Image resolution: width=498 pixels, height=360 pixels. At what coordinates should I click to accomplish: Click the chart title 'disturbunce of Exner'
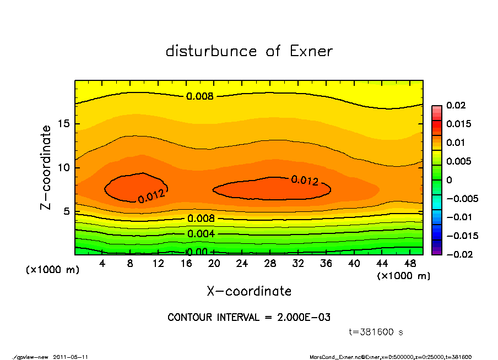coord(249,51)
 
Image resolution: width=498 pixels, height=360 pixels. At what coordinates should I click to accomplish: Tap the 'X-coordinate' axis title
coord(249,291)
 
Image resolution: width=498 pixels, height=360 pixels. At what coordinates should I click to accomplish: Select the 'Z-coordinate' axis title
coord(46,167)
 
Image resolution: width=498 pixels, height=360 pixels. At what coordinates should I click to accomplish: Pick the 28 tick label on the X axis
coord(270,264)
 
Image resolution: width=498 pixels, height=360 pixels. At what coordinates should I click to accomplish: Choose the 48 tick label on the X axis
coord(410,264)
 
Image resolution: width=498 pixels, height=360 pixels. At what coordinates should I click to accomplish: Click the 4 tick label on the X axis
coord(102,264)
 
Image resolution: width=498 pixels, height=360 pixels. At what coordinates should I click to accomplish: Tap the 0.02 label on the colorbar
coord(456,105)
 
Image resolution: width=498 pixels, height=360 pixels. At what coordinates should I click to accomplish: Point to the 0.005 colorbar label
coord(458,161)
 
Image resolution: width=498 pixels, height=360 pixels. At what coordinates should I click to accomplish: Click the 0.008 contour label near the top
coord(200,96)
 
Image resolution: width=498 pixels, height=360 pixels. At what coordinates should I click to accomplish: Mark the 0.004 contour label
coord(201,234)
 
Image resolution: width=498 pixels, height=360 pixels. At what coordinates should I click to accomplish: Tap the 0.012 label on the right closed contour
coord(305,180)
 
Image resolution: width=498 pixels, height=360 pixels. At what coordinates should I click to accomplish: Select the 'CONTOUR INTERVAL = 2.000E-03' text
coord(249,318)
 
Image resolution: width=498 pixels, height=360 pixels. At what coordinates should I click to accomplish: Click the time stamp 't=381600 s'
coord(377,332)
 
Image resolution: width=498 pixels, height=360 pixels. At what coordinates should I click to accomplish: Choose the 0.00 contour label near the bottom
coord(197,252)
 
